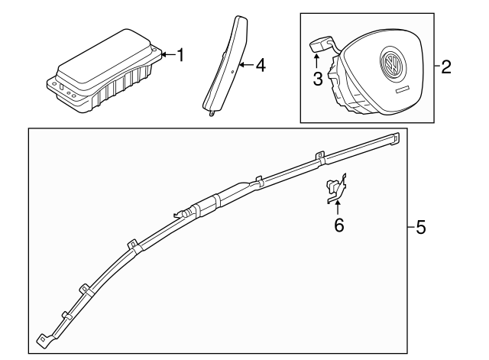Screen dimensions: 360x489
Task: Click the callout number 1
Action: click(180, 54)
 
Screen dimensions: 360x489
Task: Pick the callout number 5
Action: click(419, 228)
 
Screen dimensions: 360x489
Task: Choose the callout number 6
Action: click(339, 225)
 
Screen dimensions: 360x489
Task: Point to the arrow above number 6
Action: click(338, 208)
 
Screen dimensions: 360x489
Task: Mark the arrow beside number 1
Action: click(167, 54)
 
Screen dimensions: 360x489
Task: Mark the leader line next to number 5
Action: click(409, 228)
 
